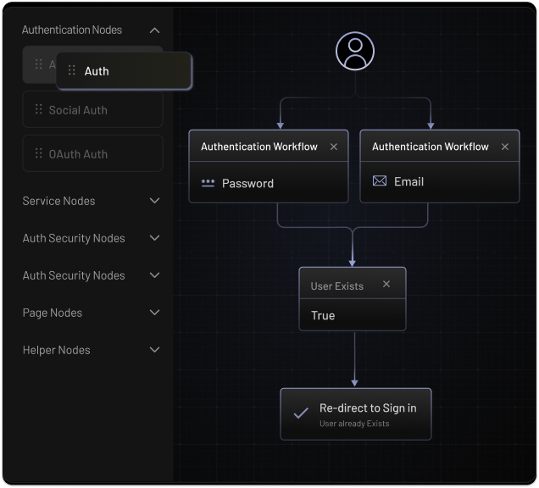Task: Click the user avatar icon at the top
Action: (355, 51)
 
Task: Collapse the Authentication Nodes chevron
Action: (155, 30)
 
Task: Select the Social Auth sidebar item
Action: (92, 109)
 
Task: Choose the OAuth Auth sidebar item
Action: (92, 153)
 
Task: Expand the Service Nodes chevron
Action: (155, 200)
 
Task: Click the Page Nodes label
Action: (53, 313)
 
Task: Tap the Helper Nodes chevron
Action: (155, 350)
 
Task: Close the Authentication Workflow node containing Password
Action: (333, 147)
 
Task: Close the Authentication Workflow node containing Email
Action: (504, 147)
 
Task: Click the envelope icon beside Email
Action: (380, 180)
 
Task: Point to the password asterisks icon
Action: (208, 183)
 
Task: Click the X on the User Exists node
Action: (386, 284)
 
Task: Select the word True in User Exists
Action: (323, 315)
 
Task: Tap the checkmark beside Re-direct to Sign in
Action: (301, 413)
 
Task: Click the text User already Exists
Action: (354, 424)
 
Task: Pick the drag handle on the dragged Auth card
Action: (71, 70)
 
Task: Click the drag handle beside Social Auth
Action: (38, 109)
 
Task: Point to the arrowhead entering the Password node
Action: (281, 125)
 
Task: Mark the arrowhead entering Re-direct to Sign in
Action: (355, 383)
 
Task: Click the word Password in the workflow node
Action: (247, 184)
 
